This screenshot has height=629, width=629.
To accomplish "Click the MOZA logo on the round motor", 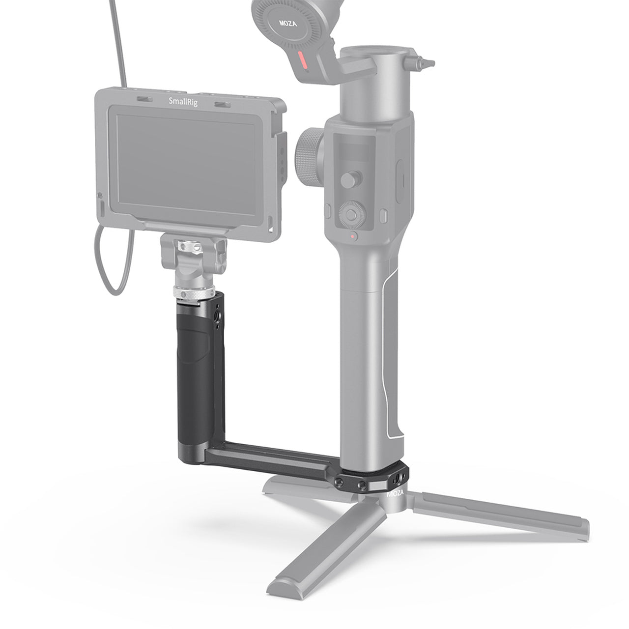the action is tap(288, 23).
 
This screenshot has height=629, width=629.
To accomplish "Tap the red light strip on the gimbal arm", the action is tap(303, 61).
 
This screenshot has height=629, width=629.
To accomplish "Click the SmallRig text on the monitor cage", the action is tap(183, 102).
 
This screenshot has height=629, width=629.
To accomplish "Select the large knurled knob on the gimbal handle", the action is tap(310, 157).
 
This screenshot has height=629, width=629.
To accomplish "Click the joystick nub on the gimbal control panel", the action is tap(351, 179).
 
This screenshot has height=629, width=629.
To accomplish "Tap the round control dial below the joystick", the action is tap(352, 214).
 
